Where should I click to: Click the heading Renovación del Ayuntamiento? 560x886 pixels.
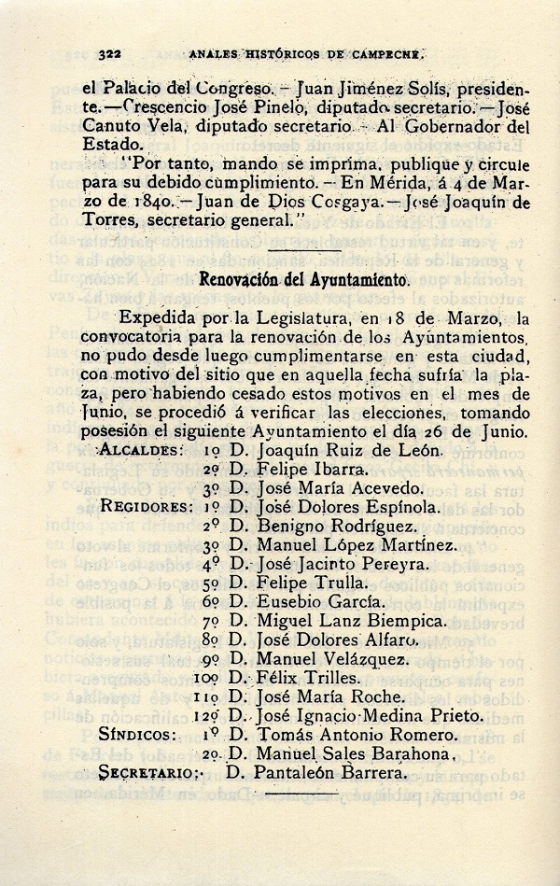[x=304, y=279]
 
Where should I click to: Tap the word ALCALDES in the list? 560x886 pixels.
[x=140, y=450]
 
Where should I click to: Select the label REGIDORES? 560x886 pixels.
[x=150, y=508]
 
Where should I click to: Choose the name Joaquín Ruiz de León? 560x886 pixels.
[x=347, y=450]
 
